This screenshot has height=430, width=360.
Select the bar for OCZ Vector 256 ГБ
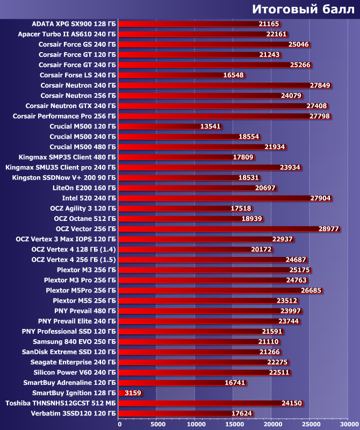click(215, 229)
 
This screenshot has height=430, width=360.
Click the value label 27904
click(320, 198)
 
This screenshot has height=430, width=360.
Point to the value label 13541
click(210, 126)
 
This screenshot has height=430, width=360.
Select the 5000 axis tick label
click(156, 424)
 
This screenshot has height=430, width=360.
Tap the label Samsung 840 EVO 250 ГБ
click(74, 342)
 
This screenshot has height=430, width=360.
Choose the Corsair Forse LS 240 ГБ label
click(78, 75)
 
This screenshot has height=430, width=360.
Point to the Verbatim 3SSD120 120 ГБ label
click(74, 413)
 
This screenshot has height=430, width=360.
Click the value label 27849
click(320, 85)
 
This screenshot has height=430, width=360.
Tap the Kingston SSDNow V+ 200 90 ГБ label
click(64, 177)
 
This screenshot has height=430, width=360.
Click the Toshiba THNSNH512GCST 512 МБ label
click(61, 403)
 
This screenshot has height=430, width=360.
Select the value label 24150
click(292, 403)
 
